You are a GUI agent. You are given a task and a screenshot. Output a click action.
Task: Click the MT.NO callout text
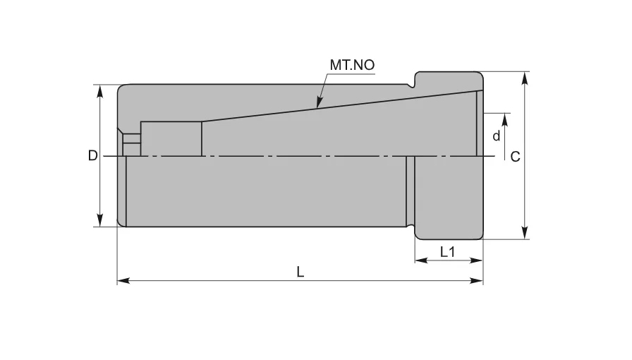click(x=351, y=65)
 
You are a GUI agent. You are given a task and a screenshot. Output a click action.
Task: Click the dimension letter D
click(x=92, y=156)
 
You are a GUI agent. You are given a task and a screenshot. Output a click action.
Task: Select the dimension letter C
click(x=515, y=157)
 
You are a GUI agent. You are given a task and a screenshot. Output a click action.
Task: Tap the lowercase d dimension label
click(x=496, y=136)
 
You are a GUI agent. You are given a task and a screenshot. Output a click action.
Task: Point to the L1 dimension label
click(x=447, y=251)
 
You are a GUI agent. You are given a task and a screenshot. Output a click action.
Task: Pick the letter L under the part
click(x=300, y=272)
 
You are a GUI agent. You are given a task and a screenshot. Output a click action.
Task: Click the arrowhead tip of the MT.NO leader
click(x=318, y=107)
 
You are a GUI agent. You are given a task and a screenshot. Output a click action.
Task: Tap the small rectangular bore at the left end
click(x=171, y=138)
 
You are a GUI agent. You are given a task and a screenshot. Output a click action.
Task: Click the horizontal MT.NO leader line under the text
click(x=351, y=73)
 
